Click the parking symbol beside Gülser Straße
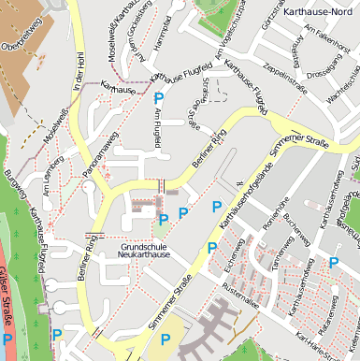(8, 339)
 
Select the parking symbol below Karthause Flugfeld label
(159, 97)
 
